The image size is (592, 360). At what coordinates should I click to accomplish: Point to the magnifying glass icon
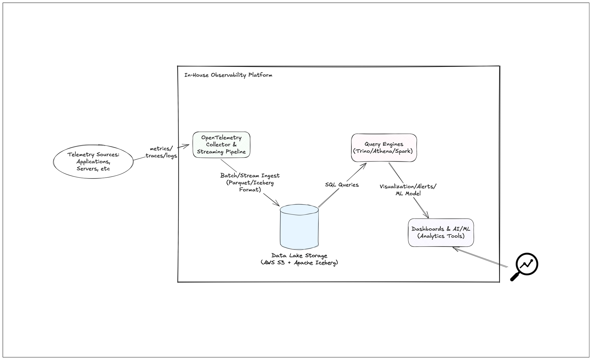[524, 266]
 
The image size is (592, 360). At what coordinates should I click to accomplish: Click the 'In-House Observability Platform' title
[228, 75]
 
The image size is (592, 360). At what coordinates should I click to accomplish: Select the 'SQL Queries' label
[342, 185]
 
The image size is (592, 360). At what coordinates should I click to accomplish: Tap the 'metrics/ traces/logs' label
[161, 152]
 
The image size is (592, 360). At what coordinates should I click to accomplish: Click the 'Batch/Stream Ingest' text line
[250, 176]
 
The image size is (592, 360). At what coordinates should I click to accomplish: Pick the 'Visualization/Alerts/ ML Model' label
[408, 190]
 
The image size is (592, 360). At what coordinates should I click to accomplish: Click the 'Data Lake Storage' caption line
[299, 255]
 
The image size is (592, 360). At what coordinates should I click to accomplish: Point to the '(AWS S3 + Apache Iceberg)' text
[299, 263]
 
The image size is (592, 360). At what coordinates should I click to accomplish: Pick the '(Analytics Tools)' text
[441, 236]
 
